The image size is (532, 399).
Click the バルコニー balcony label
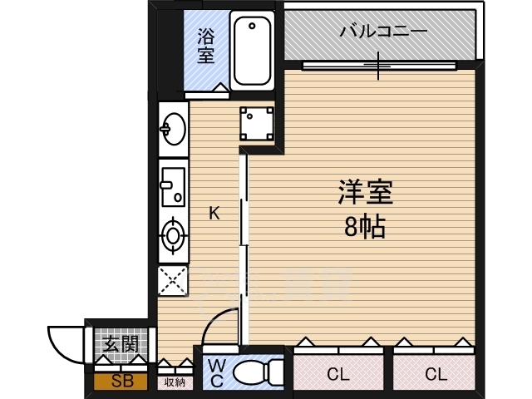(383, 33)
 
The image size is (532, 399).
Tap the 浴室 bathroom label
(205, 47)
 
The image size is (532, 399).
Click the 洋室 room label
(364, 193)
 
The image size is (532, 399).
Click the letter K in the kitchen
(214, 214)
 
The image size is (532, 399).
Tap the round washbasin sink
(174, 129)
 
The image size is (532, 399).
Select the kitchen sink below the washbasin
(174, 185)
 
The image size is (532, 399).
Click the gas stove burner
(174, 235)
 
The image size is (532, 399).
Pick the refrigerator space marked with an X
(174, 280)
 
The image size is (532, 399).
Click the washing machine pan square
(257, 124)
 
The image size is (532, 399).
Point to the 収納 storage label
(175, 382)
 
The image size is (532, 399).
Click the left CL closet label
(337, 374)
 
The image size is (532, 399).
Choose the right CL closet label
(436, 374)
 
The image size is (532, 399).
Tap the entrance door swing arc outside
(65, 341)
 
